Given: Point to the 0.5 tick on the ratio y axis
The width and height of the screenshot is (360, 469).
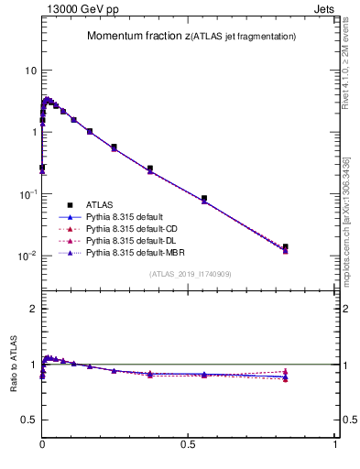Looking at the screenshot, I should point(28,420).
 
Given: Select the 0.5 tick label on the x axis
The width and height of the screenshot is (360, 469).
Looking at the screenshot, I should point(189,444).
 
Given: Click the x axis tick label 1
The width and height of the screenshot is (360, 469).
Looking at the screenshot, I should point(335,444).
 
